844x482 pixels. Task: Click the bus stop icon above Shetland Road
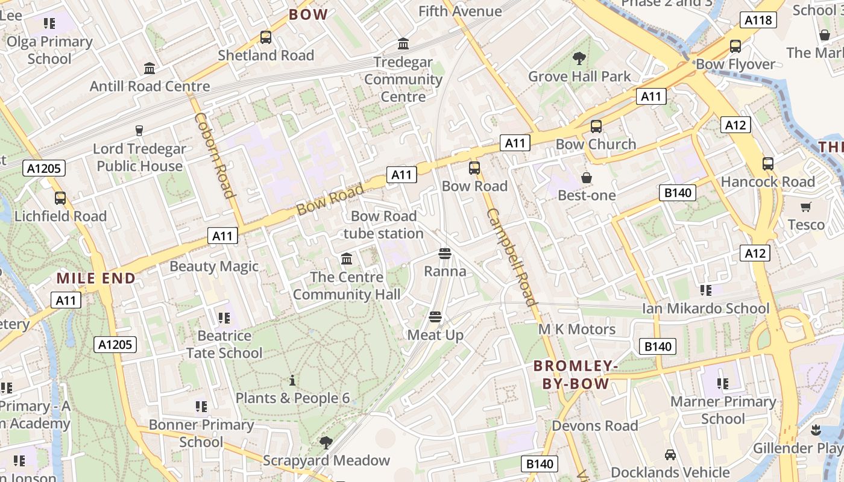click(266, 37)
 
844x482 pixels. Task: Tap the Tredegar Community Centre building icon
click(403, 44)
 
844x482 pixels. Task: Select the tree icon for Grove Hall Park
click(579, 58)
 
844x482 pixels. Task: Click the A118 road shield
click(758, 20)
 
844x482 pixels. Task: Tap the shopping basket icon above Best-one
click(586, 178)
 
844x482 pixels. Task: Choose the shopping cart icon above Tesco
click(806, 207)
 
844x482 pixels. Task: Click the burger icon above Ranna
click(445, 254)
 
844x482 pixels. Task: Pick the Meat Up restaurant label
click(436, 335)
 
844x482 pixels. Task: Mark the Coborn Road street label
click(214, 155)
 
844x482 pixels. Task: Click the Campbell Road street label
click(511, 257)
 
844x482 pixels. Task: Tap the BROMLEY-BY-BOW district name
click(576, 374)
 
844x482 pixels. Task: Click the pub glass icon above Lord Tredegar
click(139, 131)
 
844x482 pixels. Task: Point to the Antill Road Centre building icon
click(150, 69)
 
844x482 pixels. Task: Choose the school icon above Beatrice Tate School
click(224, 318)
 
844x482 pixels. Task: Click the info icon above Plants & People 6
click(292, 380)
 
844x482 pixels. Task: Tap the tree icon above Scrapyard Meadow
click(326, 443)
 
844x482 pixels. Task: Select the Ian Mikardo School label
click(706, 309)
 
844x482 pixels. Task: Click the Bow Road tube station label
click(383, 225)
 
